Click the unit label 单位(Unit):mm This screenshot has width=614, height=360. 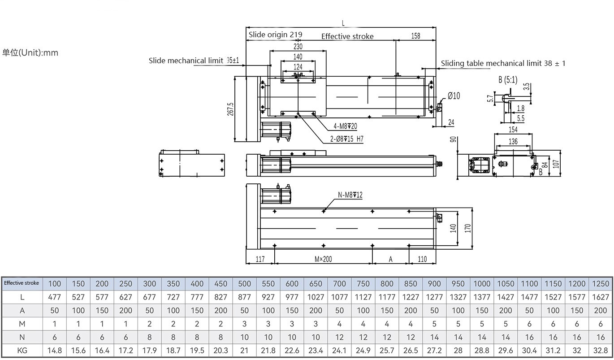30,52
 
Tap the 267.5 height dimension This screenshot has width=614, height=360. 230,109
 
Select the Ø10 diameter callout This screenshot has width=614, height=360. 454,95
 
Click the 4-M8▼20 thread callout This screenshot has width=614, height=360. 345,126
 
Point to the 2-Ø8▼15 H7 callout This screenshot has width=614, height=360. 346,139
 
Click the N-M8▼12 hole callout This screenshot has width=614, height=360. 350,195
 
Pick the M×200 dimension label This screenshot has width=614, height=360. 323,259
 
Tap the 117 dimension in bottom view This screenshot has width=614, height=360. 260,259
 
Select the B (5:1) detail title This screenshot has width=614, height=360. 507,80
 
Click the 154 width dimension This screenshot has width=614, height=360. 513,130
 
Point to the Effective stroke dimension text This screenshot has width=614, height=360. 347,36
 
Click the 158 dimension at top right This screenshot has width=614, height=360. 415,36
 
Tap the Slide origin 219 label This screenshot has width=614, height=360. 275,35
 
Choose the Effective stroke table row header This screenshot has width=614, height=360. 22,283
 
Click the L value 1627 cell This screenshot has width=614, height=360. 601,297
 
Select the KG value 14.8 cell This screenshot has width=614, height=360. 54,351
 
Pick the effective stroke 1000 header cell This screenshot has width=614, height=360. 482,283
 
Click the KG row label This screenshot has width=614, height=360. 22,351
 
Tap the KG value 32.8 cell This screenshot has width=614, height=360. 601,351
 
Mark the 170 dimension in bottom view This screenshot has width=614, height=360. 467,228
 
